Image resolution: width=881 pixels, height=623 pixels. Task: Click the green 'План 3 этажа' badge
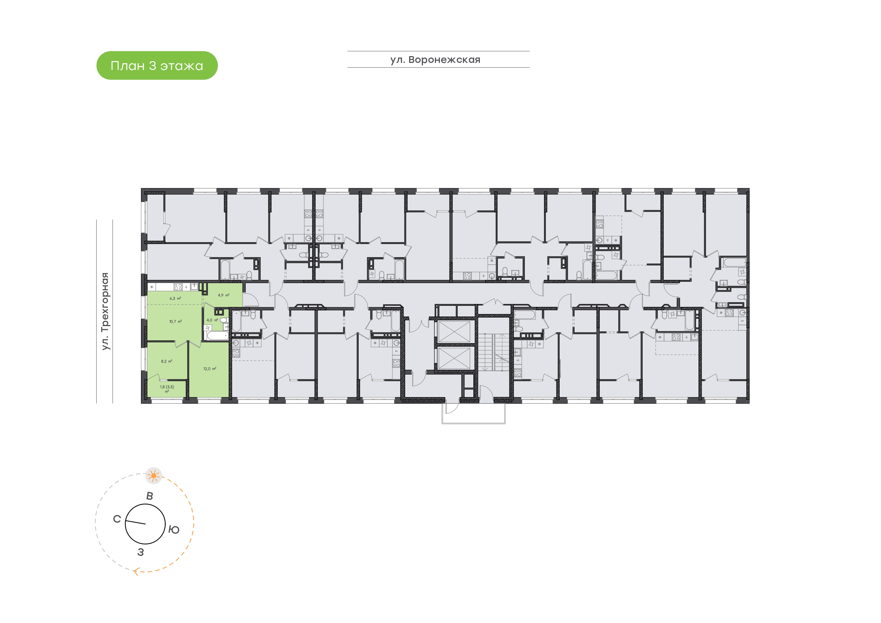coord(157,66)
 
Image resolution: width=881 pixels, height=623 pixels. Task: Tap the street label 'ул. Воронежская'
coord(435,60)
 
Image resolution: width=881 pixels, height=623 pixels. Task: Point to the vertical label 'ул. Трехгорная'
coord(105,311)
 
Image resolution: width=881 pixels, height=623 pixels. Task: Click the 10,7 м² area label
coord(175,322)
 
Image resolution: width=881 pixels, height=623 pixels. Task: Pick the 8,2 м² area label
coord(167,362)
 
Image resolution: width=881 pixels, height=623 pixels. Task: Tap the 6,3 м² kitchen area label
coord(175,298)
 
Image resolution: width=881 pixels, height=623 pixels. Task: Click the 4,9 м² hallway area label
coord(224,295)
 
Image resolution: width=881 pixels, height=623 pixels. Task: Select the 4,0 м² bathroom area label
coord(212,320)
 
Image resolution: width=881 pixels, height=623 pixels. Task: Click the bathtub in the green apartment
coord(217,336)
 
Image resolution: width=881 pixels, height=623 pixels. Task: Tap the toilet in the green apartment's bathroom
coord(224,320)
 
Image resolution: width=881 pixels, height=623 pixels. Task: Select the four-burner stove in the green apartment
coord(178,287)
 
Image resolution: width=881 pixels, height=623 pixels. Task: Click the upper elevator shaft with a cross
coord(454,332)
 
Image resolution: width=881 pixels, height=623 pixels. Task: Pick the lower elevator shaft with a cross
coord(454,358)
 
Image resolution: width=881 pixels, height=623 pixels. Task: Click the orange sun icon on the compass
coord(154,476)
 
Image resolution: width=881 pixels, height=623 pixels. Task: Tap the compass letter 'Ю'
coord(174,530)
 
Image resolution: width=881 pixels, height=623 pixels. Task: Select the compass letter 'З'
coord(141,552)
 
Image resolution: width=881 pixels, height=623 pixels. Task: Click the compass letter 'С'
coord(117,519)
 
